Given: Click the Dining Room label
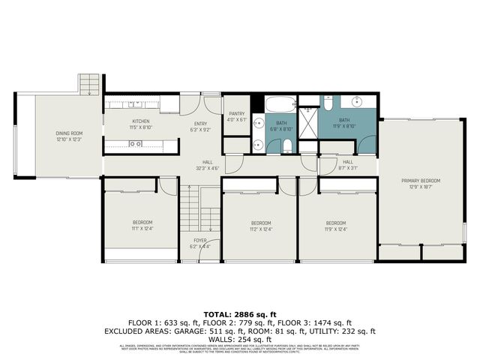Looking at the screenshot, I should [x=67, y=133].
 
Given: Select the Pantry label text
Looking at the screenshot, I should [x=237, y=114].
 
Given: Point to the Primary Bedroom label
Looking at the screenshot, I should [x=420, y=181].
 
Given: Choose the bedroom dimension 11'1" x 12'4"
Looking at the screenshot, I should [x=142, y=229].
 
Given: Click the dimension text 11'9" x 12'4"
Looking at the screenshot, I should [x=335, y=229].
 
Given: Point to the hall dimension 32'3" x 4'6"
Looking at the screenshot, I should [x=208, y=168].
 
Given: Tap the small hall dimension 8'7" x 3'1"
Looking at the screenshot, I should [x=348, y=168].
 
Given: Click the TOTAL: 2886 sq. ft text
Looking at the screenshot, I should [x=240, y=313].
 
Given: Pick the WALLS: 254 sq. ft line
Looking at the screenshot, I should [x=240, y=338].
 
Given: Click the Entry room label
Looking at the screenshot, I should [x=200, y=124].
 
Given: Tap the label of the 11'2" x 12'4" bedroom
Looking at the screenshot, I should [x=260, y=223].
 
